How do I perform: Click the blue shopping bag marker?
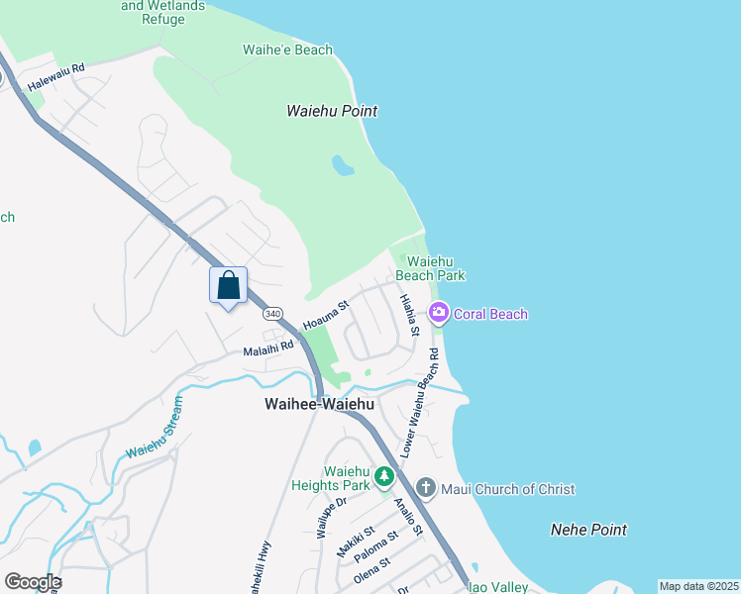click(228, 286)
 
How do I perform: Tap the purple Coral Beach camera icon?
click(439, 314)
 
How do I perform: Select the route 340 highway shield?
click(272, 313)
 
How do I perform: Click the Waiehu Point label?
click(332, 112)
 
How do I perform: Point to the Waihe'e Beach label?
click(287, 49)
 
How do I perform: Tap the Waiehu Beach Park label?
click(430, 268)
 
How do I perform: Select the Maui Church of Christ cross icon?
click(426, 488)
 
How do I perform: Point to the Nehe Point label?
click(588, 530)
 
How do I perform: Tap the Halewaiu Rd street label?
click(56, 78)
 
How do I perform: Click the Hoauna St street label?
click(327, 317)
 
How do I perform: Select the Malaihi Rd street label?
click(268, 348)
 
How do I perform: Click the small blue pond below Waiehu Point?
click(343, 164)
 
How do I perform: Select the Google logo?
click(33, 582)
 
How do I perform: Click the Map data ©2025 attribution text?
click(698, 586)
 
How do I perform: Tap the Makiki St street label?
click(353, 542)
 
